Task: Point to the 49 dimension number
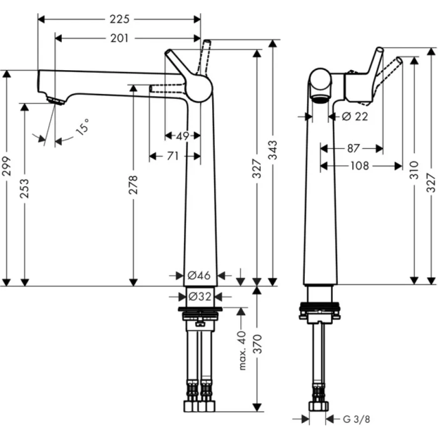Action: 183,135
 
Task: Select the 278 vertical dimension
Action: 133,186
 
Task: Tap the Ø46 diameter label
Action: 201,275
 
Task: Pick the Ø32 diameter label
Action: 201,296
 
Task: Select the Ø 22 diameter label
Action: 355,116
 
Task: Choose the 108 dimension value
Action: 360,166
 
